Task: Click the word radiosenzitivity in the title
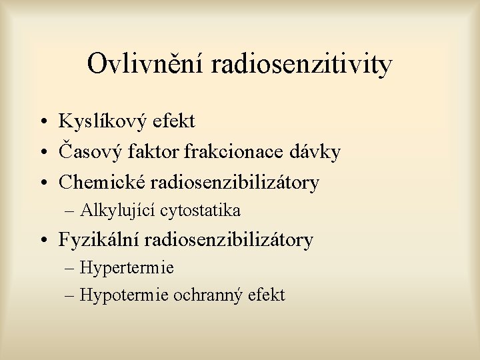301,65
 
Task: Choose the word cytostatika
198,211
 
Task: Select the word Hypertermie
127,269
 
